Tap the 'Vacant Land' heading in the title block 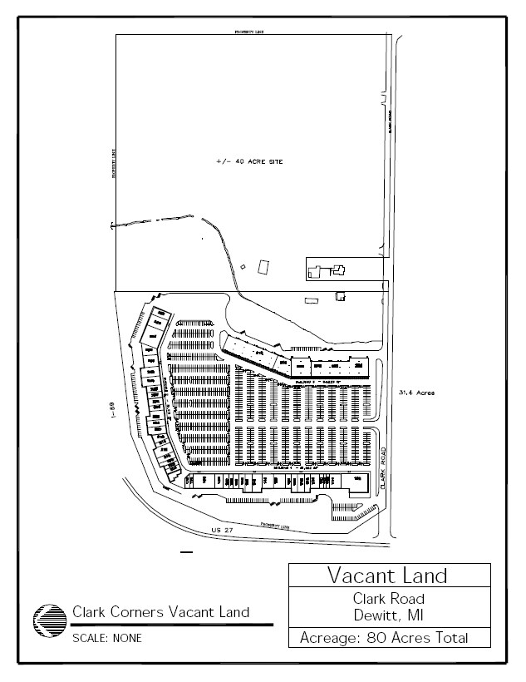387,576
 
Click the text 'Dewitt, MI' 387,615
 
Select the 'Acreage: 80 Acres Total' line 387,639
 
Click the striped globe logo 49,621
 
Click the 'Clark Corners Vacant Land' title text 160,612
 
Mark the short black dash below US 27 186,551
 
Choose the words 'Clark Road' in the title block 387,599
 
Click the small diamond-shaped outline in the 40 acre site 243,266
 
